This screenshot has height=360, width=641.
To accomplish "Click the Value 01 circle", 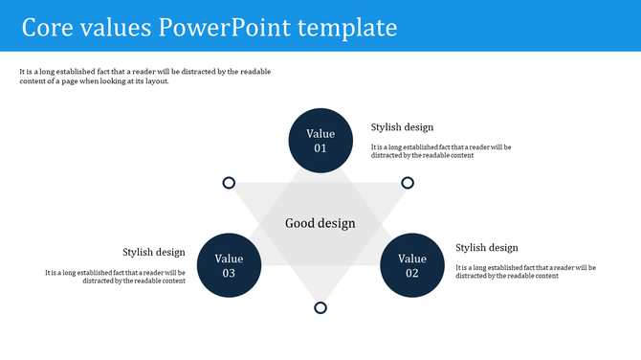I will coord(320,141).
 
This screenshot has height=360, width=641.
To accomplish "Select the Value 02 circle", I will coord(412,265).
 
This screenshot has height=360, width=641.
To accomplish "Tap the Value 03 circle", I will coord(229,265).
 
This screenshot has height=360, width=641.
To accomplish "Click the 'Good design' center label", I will coord(320,223).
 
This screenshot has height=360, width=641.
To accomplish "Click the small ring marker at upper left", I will coord(229,183).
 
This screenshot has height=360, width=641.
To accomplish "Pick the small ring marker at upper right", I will coord(408,183).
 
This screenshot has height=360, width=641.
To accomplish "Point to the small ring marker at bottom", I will coord(320,307).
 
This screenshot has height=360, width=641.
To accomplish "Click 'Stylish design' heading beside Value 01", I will coord(402,127).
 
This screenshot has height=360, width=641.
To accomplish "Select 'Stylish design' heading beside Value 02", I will coord(487,248).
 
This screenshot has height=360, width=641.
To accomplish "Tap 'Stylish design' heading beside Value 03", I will coord(154,253).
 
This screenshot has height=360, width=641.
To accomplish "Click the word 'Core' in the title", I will coord(49,27).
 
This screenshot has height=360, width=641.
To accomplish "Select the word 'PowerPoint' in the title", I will coord(227,27).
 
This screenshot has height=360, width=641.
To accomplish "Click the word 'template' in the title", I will coord(350,27).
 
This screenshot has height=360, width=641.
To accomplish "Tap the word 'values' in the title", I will coord(118,27).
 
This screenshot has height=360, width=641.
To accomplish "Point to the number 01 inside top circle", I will coord(320,148).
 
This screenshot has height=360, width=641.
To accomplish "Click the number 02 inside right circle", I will coord(412,273).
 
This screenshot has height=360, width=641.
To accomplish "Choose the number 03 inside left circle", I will coord(229,273).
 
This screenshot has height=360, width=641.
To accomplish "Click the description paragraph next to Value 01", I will coord(441,151).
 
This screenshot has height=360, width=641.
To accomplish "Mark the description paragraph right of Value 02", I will coord(525,272).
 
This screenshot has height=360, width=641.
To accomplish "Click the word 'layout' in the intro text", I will coord(155,81).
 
